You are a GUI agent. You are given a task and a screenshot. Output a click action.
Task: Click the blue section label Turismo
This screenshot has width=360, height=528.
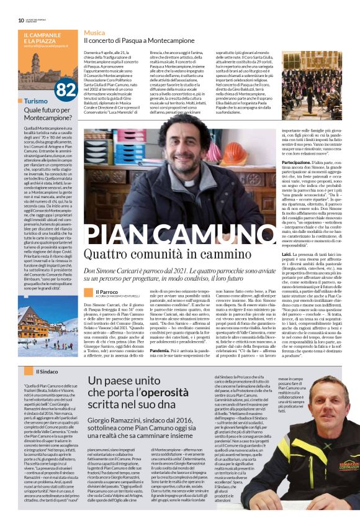[x=36, y=101]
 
